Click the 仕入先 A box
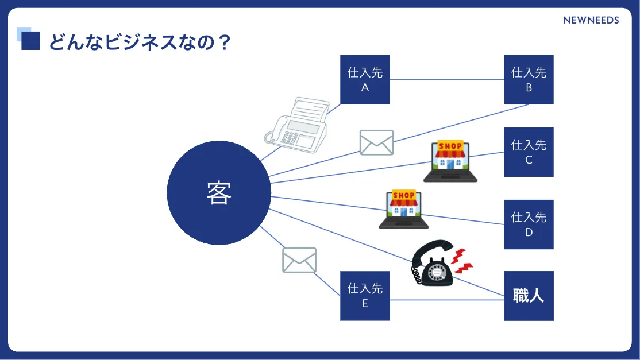pyautogui.click(x=365, y=80)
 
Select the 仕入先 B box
pyautogui.click(x=529, y=80)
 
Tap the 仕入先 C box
pyautogui.click(x=529, y=152)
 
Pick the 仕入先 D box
pyautogui.click(x=529, y=224)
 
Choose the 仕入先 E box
pyautogui.click(x=365, y=296)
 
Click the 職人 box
pyautogui.click(x=529, y=296)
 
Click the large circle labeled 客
pyautogui.click(x=219, y=193)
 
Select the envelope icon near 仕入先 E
pyautogui.click(x=299, y=260)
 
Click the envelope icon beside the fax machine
pyautogui.click(x=376, y=142)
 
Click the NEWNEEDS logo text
pyautogui.click(x=591, y=20)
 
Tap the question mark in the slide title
pyautogui.click(x=225, y=42)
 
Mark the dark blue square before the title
pyautogui.click(x=31, y=41)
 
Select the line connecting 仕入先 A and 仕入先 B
pyautogui.click(x=447, y=79)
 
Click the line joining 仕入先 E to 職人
pyautogui.click(x=447, y=300)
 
